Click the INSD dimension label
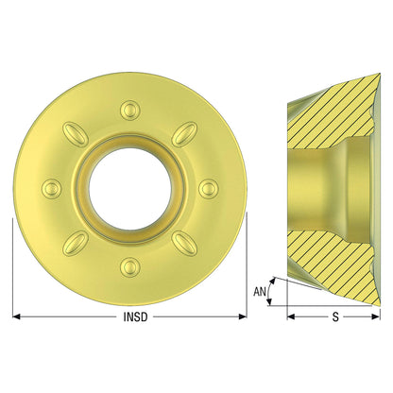tap(135, 316)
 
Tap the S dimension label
tap(335, 316)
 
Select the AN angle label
tap(260, 292)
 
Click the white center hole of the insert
tap(130, 189)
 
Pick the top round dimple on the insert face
tap(129, 110)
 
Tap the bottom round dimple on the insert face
tap(129, 267)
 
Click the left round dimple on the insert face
tap(51, 189)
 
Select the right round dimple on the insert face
tap(209, 189)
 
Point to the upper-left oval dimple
tap(75, 134)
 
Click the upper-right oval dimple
tap(185, 134)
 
